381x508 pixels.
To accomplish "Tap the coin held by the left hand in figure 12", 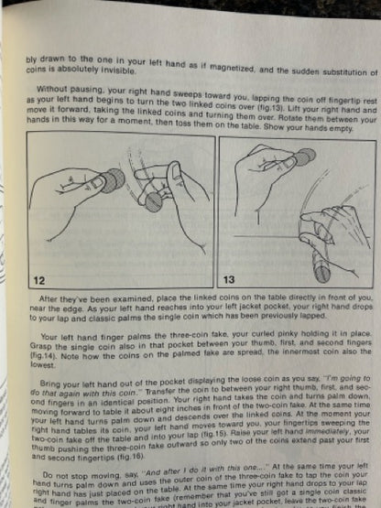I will [109, 180].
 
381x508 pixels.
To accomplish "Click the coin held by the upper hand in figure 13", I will [303, 158].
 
